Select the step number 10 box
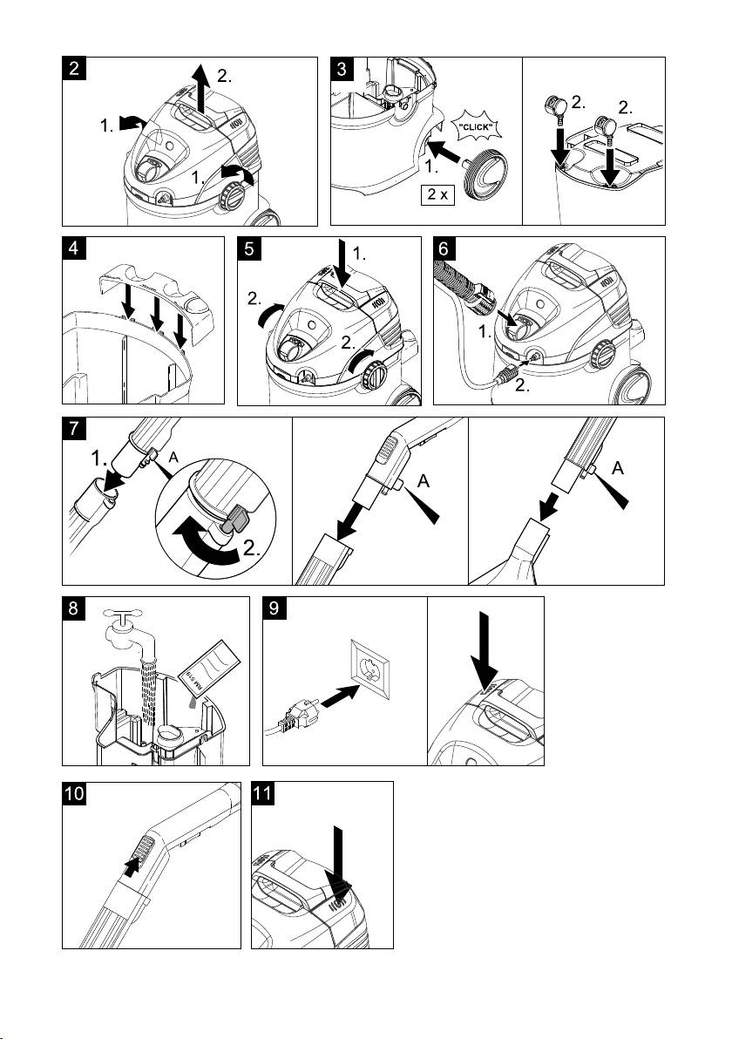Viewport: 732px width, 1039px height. [76, 795]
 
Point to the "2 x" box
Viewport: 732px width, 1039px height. [437, 194]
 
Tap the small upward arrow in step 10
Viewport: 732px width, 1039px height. [132, 866]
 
